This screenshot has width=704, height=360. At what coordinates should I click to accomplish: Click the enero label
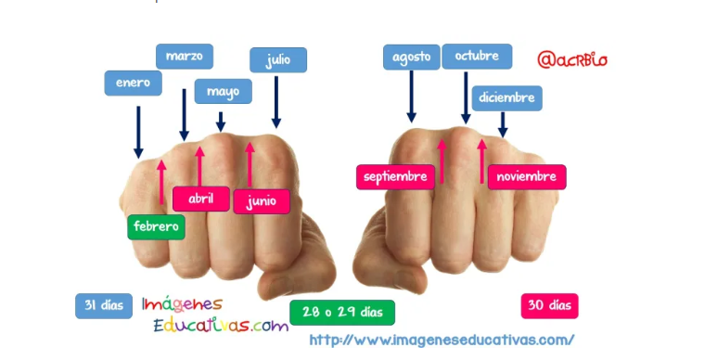[x=133, y=84]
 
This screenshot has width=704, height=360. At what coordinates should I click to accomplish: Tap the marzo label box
[x=184, y=57]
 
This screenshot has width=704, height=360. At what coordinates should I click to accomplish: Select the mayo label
[x=224, y=92]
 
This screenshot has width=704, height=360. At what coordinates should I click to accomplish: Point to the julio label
[x=278, y=60]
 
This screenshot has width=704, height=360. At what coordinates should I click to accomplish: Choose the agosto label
[x=411, y=58]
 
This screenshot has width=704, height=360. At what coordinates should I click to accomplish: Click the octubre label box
[x=477, y=57]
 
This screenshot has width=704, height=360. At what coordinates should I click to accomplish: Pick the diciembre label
[x=506, y=98]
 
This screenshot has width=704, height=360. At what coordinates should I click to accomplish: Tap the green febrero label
[x=156, y=227]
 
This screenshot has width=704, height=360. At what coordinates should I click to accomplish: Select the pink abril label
[x=201, y=199]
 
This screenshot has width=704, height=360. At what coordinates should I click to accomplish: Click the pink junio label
[x=262, y=201]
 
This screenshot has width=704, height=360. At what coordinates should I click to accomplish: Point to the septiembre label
[x=395, y=177]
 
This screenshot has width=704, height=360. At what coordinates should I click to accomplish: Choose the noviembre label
[x=527, y=177]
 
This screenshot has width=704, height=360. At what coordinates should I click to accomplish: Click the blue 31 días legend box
[x=104, y=306]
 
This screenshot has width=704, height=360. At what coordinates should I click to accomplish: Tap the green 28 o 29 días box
[x=342, y=313]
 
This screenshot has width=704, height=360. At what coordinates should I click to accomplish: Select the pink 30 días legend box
[x=549, y=306]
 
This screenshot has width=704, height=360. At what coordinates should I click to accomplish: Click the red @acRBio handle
[x=572, y=60]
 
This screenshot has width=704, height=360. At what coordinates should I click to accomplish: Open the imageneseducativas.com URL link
[x=442, y=340]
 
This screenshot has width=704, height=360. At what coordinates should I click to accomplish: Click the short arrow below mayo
[x=221, y=122]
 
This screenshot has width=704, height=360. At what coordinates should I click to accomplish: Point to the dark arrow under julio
[x=276, y=102]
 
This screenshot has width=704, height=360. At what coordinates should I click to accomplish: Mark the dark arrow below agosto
[x=411, y=96]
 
